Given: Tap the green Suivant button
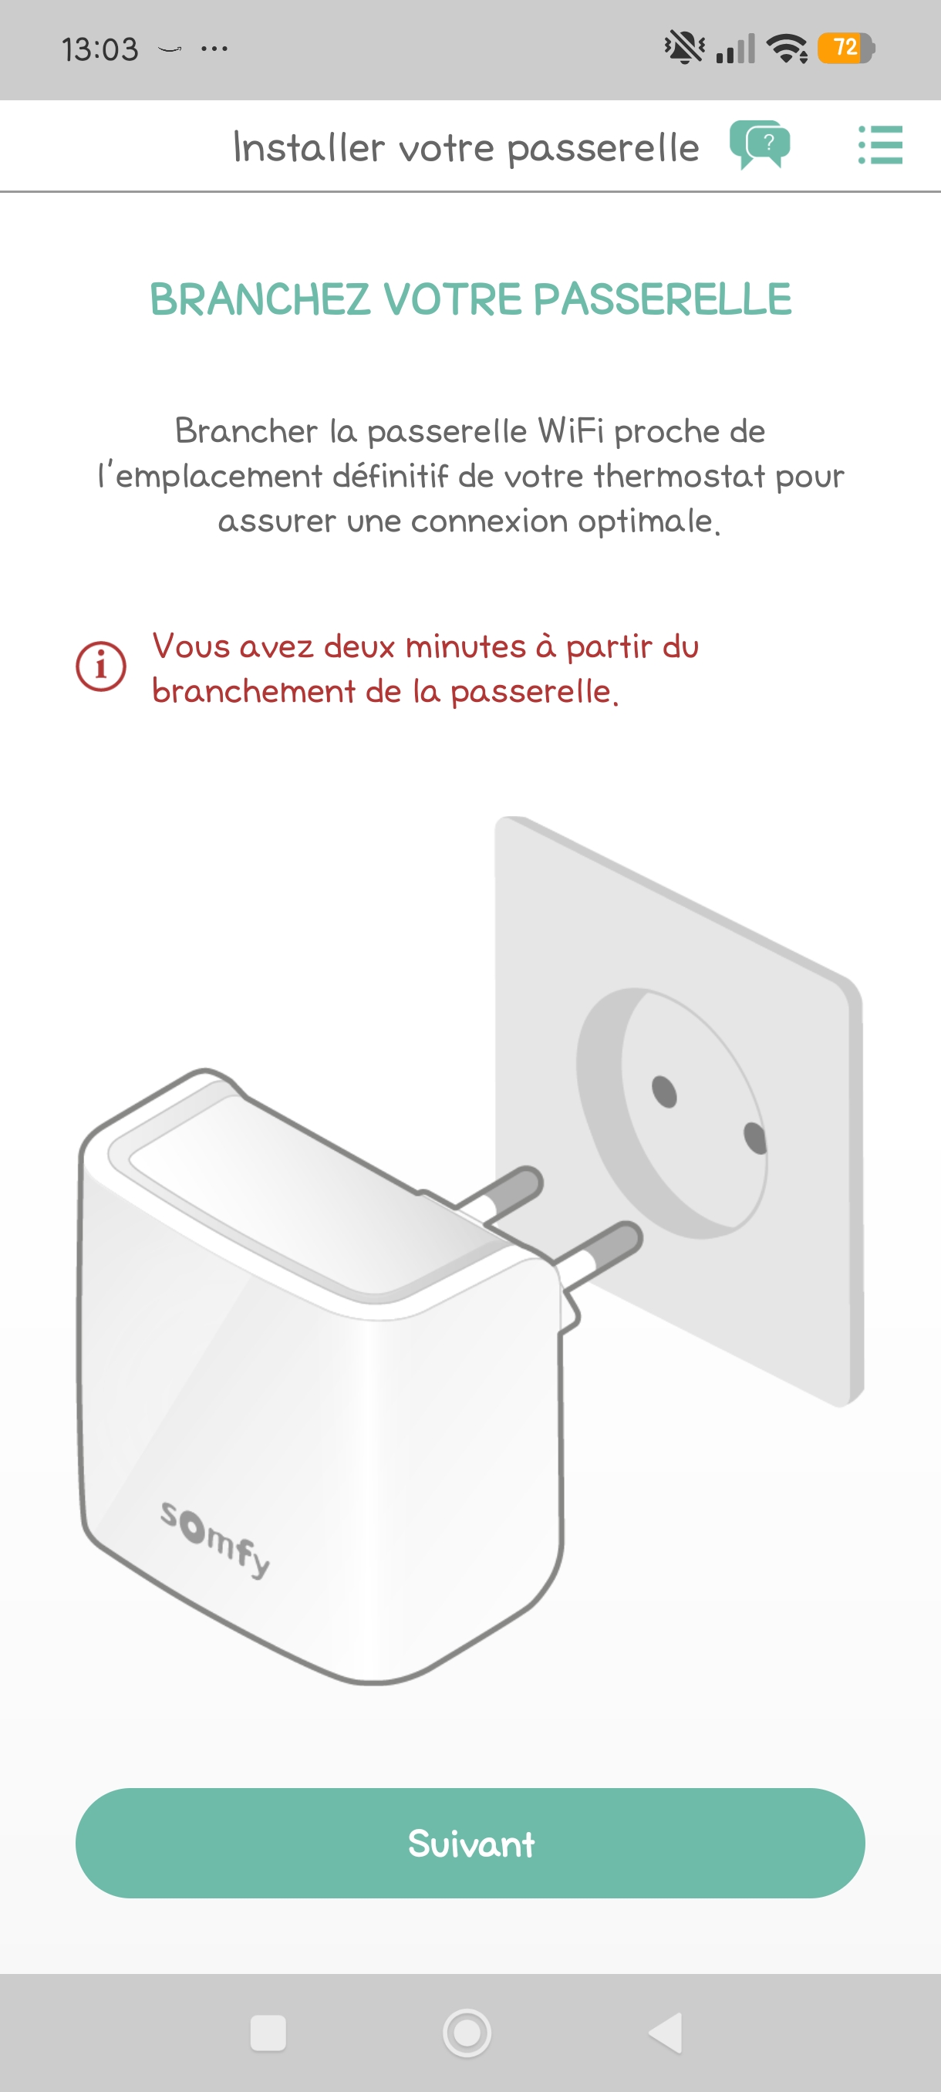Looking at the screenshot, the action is tap(470, 1842).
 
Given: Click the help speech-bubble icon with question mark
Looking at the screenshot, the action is tap(760, 144).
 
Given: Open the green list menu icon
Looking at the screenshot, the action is tap(881, 144).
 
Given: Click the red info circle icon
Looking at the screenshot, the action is tap(101, 666).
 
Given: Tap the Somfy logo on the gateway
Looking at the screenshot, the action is tap(215, 1538).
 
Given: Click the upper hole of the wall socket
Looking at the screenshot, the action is tap(664, 1091).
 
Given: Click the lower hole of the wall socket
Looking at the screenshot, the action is tap(755, 1138).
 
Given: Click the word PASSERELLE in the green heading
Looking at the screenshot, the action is tap(662, 299).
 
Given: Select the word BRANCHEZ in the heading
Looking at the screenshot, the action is tap(261, 299).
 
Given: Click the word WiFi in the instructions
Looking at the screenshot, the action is tap(571, 430).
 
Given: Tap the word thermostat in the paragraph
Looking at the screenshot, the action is tap(680, 476).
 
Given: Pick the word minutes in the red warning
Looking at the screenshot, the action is tap(465, 646).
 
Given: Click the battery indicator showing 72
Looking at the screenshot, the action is tap(846, 48).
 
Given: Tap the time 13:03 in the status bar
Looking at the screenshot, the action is tap(99, 49).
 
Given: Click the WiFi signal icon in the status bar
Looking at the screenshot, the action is tap(787, 48).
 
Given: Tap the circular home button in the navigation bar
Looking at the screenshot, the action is tap(467, 2033).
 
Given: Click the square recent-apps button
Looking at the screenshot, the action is tap(268, 2033).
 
